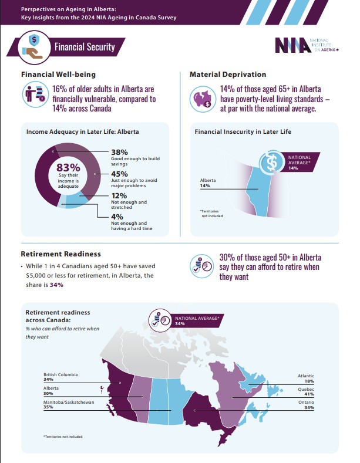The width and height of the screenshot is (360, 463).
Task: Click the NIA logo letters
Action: pyautogui.click(x=292, y=46)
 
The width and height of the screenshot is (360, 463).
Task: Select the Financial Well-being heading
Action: pyautogui.click(x=58, y=75)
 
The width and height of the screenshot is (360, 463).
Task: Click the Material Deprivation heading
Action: pyautogui.click(x=228, y=75)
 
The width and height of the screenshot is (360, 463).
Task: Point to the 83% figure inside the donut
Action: pyautogui.click(x=68, y=167)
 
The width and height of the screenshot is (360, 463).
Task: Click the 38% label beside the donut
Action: pyautogui.click(x=119, y=152)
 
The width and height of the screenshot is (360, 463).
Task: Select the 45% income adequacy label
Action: pyautogui.click(x=120, y=174)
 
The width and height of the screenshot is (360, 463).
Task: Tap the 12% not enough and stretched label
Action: pyautogui.click(x=119, y=195)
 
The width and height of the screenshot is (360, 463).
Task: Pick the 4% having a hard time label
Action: pyautogui.click(x=117, y=217)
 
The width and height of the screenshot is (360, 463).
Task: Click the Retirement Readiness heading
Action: pyautogui.click(x=60, y=254)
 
